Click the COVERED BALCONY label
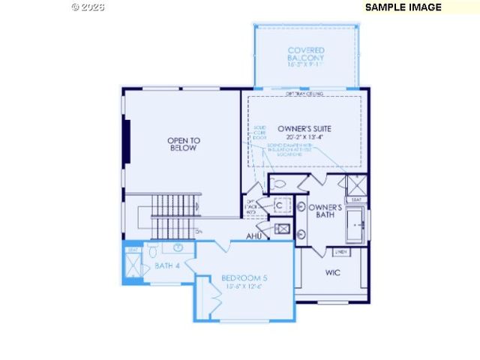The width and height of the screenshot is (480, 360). point(306,54)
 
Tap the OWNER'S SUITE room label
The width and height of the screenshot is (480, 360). point(304,128)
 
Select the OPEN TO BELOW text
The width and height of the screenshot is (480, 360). point(183,144)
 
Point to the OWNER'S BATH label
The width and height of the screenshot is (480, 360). point(325,211)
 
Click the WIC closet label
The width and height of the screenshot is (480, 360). point(332,272)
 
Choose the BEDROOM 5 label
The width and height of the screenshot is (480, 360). point(244,278)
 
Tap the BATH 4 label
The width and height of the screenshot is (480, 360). point(167,266)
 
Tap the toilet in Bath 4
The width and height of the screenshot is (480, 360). point(153,249)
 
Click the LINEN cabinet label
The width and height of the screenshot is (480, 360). point(340,252)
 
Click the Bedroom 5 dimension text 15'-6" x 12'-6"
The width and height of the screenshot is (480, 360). point(244,287)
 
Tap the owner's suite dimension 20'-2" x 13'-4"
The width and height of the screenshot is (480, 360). point(304,137)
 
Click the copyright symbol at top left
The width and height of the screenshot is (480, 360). point(76,7)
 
